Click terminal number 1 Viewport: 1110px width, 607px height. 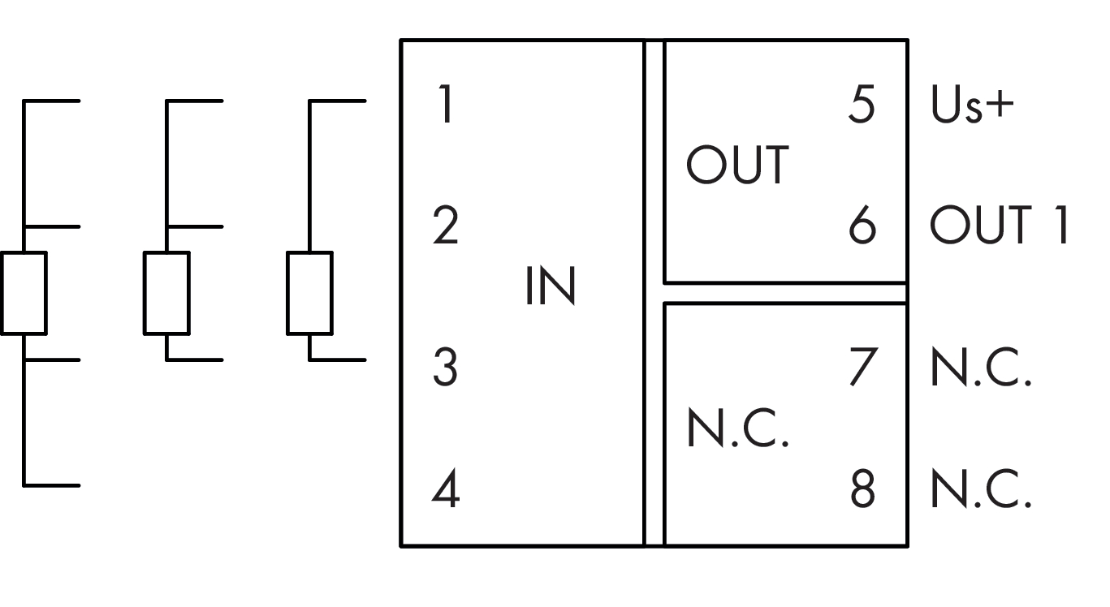tap(443, 105)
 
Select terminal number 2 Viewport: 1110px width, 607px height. tap(445, 227)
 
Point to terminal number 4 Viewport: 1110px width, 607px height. tap(445, 489)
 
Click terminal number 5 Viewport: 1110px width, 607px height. tap(862, 105)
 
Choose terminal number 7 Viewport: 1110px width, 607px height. tap(862, 368)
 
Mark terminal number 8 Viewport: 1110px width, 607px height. tap(862, 489)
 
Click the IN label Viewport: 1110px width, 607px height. tap(550, 287)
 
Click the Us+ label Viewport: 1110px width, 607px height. tap(973, 105)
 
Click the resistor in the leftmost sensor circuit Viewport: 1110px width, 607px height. tap(24, 292)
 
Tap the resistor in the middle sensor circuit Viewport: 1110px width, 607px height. tap(166, 292)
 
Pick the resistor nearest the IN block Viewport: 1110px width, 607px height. tap(309, 292)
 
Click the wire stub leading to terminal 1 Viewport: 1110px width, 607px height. tap(338, 101)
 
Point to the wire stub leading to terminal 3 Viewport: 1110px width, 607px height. tap(338, 359)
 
